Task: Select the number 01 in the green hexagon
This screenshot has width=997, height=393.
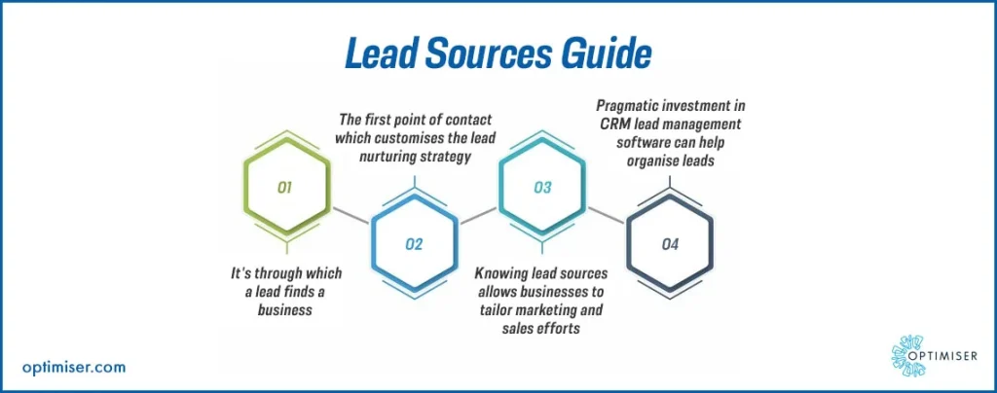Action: (285, 188)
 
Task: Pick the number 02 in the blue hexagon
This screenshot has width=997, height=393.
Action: (414, 243)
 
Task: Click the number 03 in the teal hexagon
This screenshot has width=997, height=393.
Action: (541, 188)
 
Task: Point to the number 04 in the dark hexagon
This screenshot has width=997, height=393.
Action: (670, 244)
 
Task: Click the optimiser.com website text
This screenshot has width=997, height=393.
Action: (73, 368)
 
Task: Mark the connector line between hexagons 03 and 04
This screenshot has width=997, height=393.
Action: (606, 215)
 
